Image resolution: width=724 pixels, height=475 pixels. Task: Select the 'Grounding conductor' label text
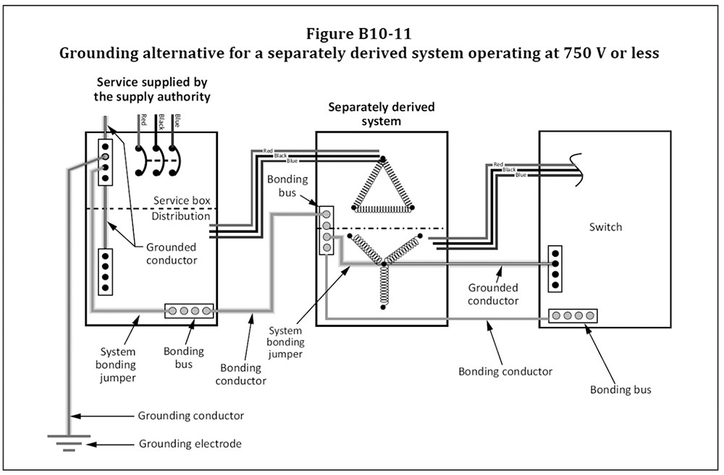pos(190,416)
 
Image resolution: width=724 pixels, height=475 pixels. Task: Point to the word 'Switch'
pos(605,226)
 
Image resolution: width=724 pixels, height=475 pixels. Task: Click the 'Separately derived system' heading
pos(382,114)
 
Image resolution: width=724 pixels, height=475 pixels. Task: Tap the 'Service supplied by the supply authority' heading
pos(153,89)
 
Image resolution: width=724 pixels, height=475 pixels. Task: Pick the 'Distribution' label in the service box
pos(181,215)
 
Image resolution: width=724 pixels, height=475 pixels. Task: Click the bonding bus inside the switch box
pos(572,316)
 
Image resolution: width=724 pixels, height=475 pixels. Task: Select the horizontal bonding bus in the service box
pos(189,311)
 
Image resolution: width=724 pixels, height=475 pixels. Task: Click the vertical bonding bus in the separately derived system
pos(327,231)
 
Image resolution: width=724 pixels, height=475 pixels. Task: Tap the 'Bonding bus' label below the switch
pos(620,390)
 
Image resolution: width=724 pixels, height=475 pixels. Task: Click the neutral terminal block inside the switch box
pos(555,268)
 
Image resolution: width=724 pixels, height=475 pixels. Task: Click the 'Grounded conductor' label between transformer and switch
pos(493,294)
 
